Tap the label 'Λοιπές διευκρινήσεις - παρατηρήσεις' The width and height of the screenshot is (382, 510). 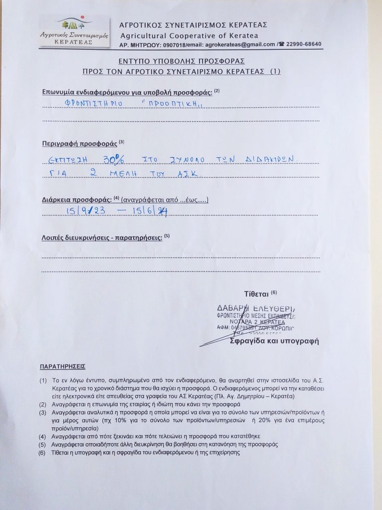coord(102,238)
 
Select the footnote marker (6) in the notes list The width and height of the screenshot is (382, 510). coord(43,453)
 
